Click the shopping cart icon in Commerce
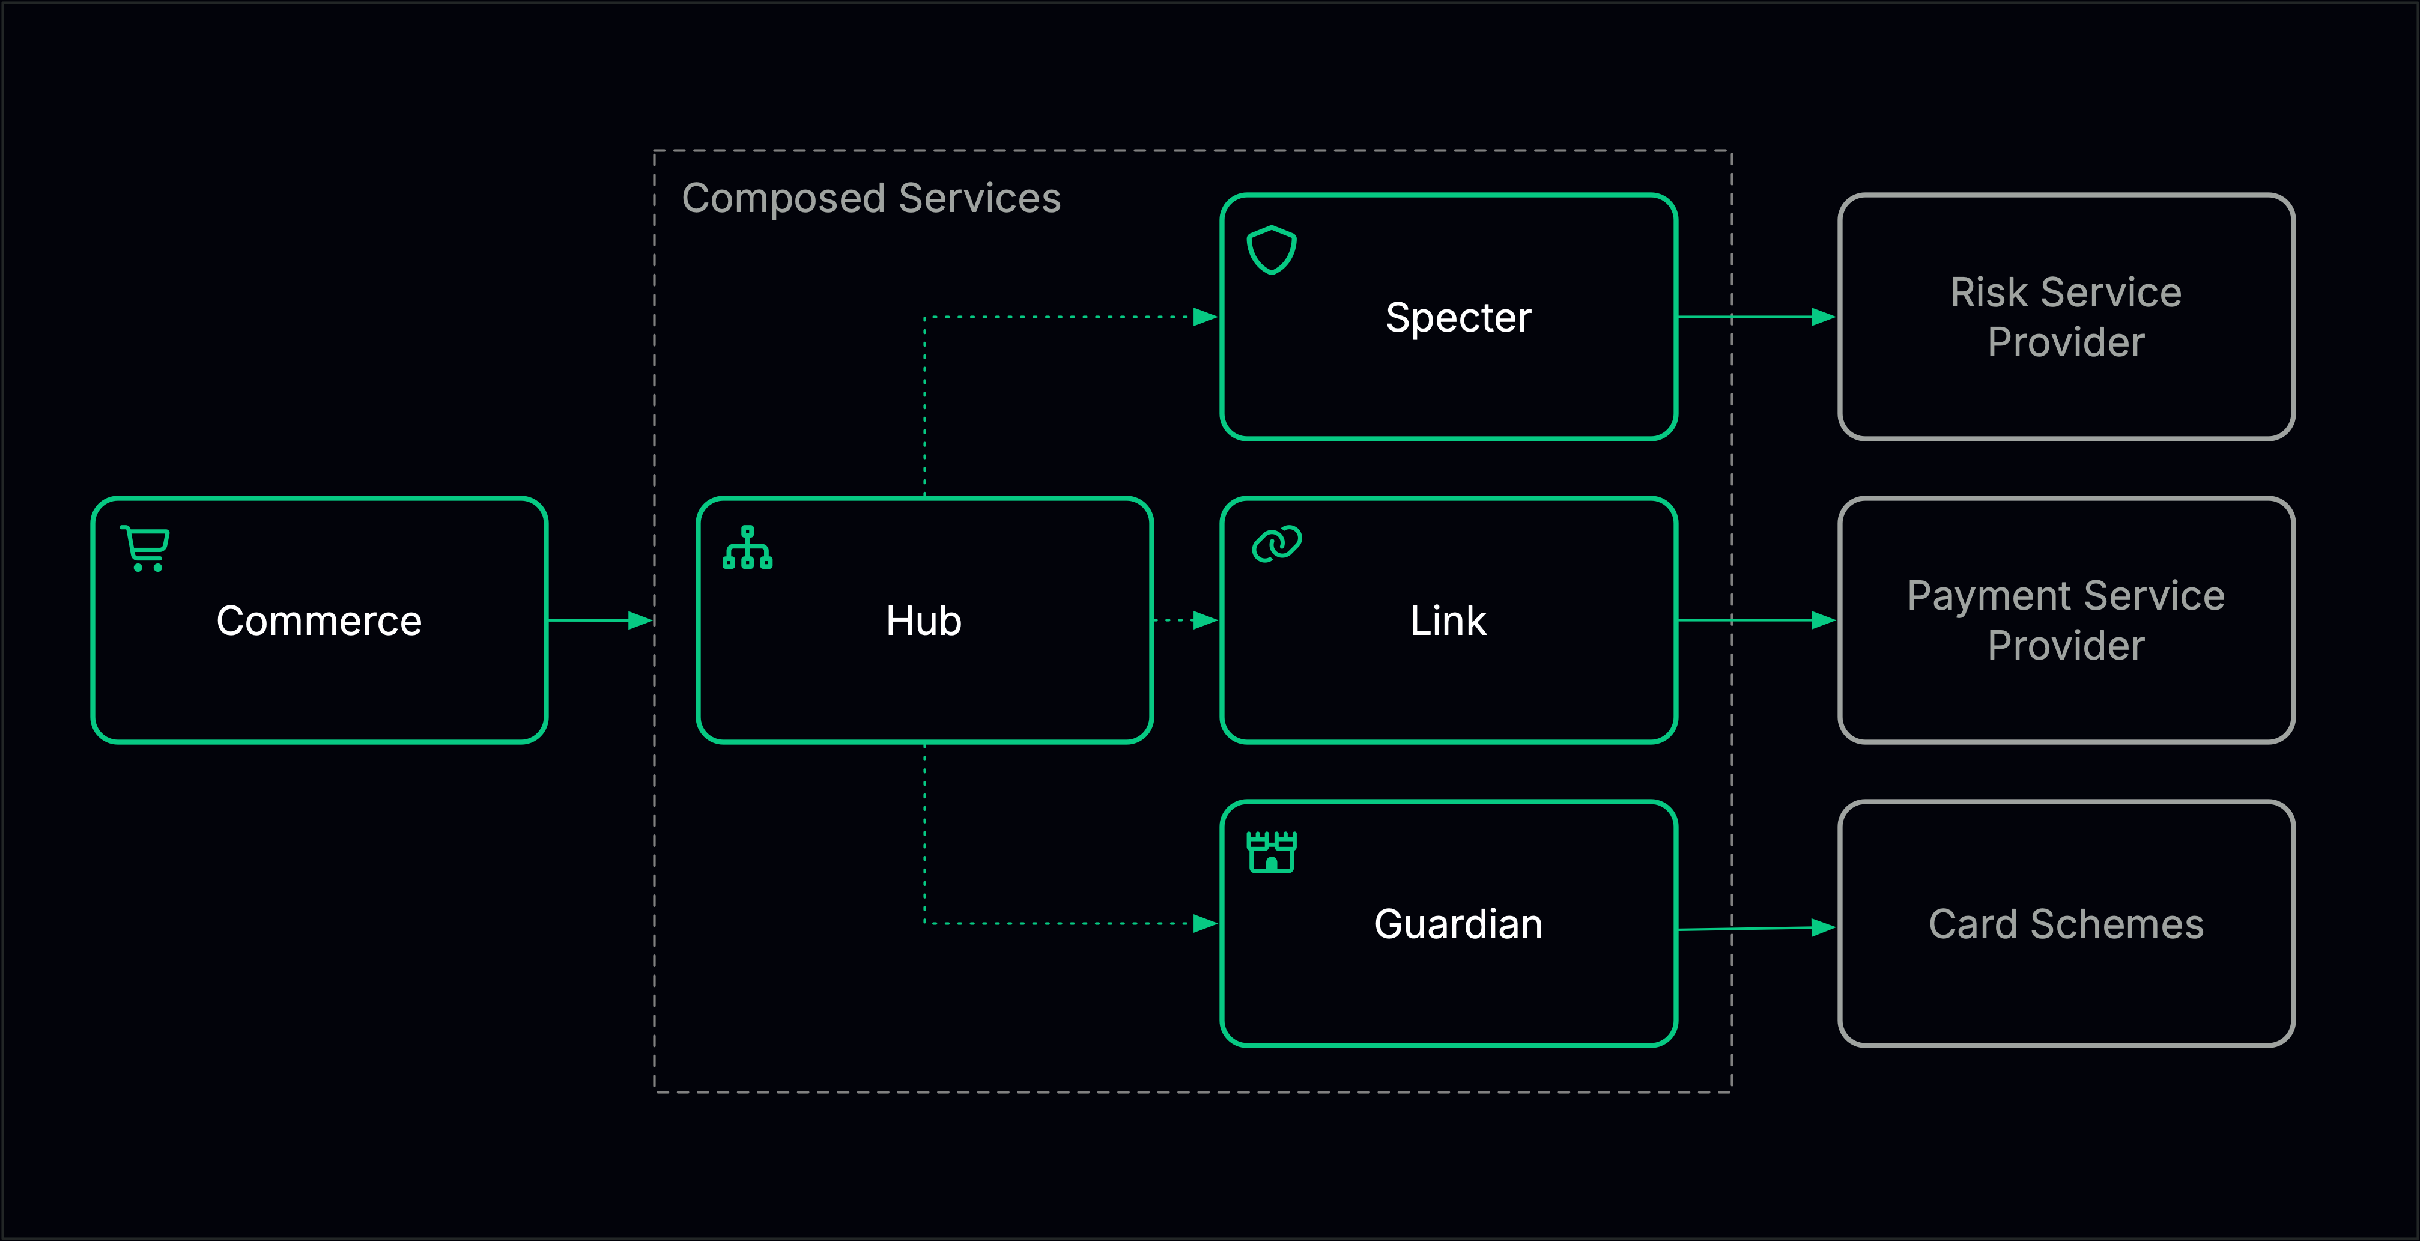tap(145, 548)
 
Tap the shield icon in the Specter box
tap(1271, 250)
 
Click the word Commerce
tap(318, 621)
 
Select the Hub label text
tap(923, 621)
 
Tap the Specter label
tap(1458, 318)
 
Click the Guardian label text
tap(1458, 924)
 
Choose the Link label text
tap(1448, 621)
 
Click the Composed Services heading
tap(871, 198)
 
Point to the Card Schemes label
tap(2066, 924)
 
